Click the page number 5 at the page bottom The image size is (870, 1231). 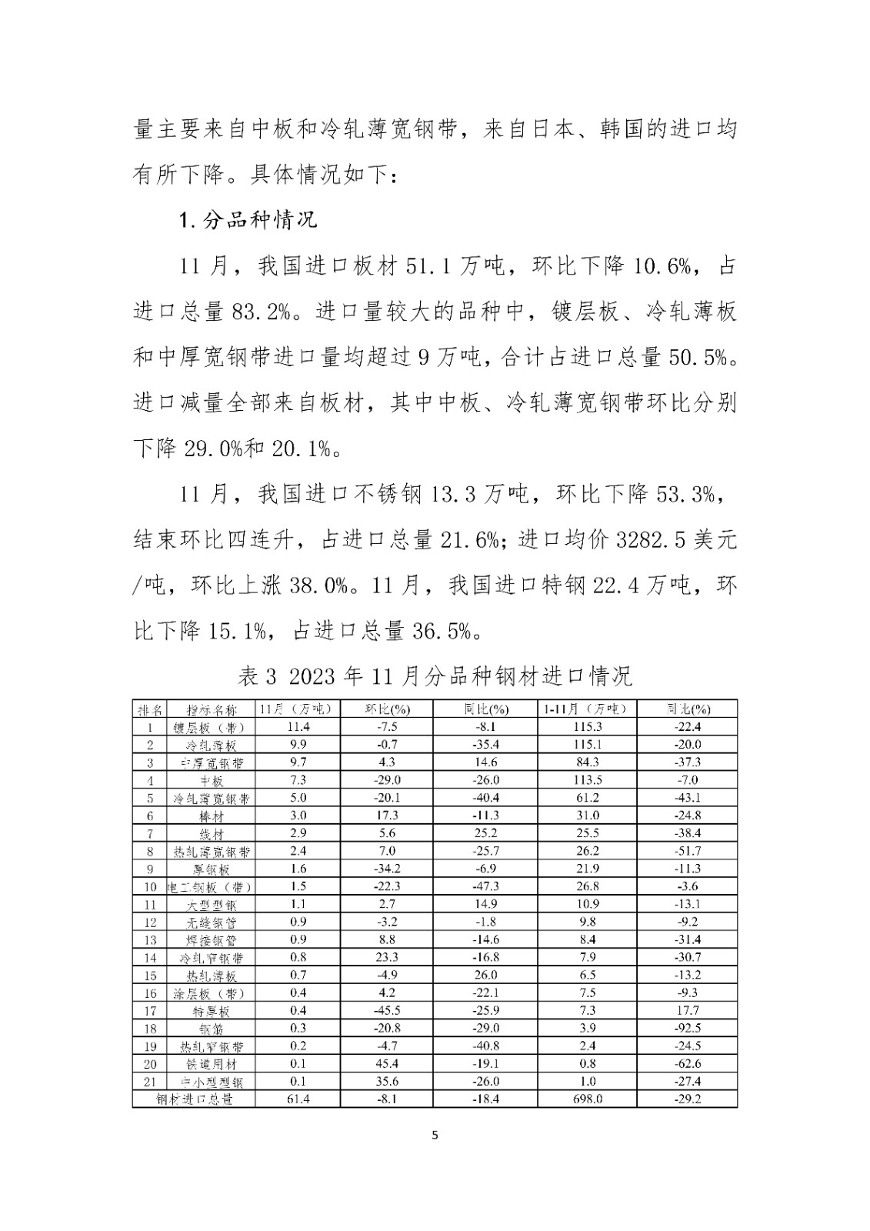point(435,1135)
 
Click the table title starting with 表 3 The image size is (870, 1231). point(435,676)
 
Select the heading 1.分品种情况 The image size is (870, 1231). point(248,221)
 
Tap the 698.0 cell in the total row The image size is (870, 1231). point(588,1099)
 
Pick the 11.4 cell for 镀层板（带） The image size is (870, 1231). point(298,727)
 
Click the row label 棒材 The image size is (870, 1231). point(211,816)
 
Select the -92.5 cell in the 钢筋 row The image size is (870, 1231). point(687,1028)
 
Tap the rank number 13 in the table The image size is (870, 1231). point(150,939)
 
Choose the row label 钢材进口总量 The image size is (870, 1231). point(195,1099)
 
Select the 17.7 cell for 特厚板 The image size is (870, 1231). point(687,1010)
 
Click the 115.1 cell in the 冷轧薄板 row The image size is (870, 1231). point(588,745)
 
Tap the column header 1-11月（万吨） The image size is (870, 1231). point(588,709)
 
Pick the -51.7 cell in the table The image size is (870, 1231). point(687,851)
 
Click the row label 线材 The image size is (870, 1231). point(211,834)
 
